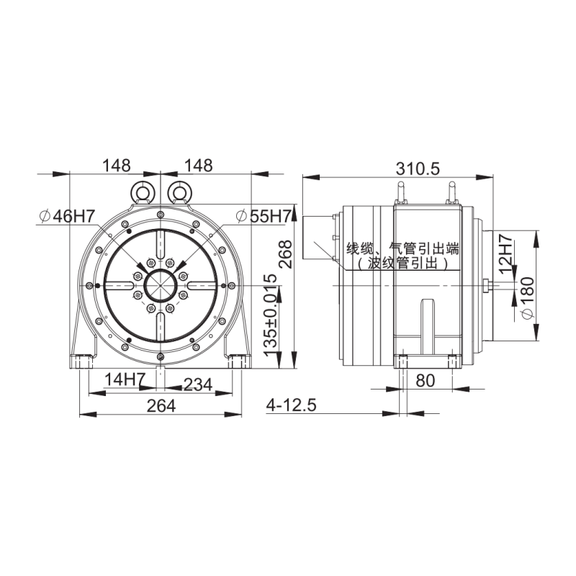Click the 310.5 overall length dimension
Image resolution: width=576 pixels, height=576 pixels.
pos(418,169)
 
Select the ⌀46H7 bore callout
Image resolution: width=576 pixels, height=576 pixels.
pos(67,217)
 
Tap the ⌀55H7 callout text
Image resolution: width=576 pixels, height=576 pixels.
pos(264,217)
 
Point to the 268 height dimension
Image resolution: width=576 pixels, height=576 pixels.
pos(285,254)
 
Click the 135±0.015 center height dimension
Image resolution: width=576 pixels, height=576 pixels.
pos(271,315)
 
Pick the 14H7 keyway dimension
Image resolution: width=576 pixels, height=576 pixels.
pos(125,379)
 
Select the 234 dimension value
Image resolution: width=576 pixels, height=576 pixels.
pos(197,384)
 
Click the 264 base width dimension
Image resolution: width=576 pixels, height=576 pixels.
pos(161,406)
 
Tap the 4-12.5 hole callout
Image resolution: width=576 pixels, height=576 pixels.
pos(292,405)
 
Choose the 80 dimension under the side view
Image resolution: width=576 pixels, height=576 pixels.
pos(425,381)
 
